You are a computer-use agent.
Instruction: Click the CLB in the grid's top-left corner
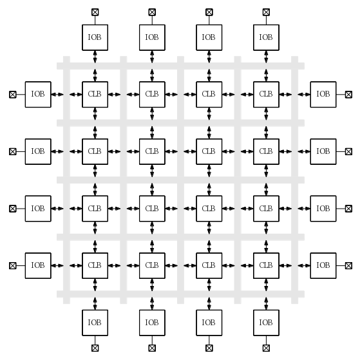pyautogui.click(x=95, y=95)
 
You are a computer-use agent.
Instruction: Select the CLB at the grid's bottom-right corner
pyautogui.click(x=267, y=265)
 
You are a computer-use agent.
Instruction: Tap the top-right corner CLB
pyautogui.click(x=267, y=95)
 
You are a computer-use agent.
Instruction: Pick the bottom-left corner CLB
pyautogui.click(x=95, y=265)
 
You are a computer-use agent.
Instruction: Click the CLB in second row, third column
pyautogui.click(x=209, y=151)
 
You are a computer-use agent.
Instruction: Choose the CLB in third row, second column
pyautogui.click(x=152, y=209)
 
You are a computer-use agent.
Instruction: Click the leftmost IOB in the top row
pyautogui.click(x=95, y=37)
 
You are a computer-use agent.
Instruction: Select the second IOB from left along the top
pyautogui.click(x=152, y=37)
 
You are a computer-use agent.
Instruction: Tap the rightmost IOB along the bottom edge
pyautogui.click(x=267, y=323)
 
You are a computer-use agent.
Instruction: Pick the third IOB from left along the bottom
pyautogui.click(x=209, y=323)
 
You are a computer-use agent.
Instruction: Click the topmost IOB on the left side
pyautogui.click(x=38, y=95)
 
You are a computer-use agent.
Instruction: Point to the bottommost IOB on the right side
pyautogui.click(x=323, y=265)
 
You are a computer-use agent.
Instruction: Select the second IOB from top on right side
pyautogui.click(x=323, y=151)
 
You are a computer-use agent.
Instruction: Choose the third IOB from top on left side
pyautogui.click(x=38, y=209)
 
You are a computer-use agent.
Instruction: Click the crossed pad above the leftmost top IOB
pyautogui.click(x=95, y=12)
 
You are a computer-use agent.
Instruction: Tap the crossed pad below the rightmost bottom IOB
pyautogui.click(x=267, y=348)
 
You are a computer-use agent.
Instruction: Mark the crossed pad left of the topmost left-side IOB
pyautogui.click(x=13, y=95)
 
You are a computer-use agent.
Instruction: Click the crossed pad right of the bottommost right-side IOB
pyautogui.click(x=349, y=265)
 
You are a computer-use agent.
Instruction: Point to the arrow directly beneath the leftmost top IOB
pyautogui.click(x=95, y=57)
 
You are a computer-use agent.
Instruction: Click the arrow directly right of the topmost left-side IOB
pyautogui.click(x=57, y=95)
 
